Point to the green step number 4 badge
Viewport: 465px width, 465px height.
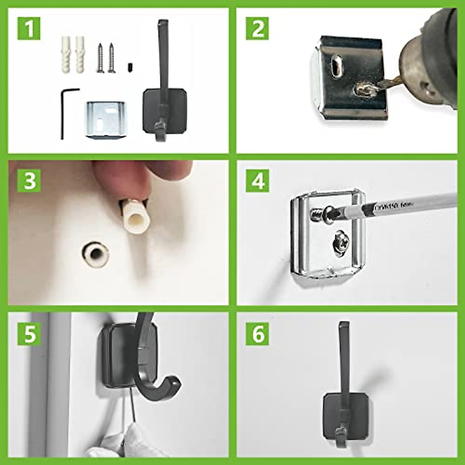[258, 180]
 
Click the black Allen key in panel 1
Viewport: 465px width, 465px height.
[65, 112]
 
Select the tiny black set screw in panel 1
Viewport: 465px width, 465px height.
[129, 68]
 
